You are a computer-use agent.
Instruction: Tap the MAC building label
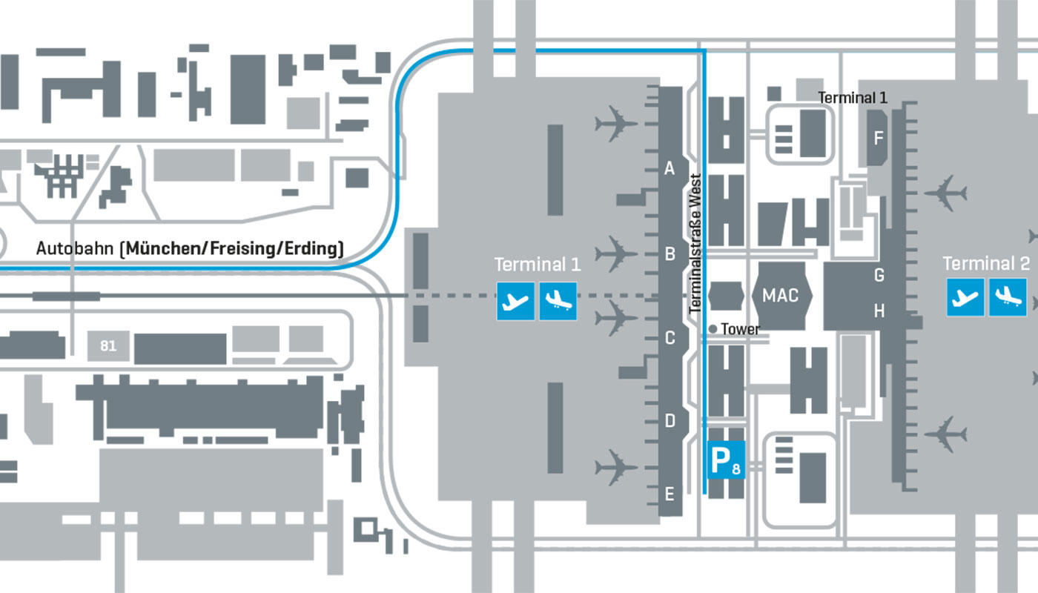point(781,296)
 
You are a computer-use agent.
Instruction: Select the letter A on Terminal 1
point(670,170)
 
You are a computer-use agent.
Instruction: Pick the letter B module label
point(670,254)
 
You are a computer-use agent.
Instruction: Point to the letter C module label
point(670,339)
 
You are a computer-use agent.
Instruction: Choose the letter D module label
point(670,422)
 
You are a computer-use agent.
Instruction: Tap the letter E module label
point(670,492)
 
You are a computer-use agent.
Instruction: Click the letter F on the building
point(879,138)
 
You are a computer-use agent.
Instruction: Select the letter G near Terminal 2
point(879,276)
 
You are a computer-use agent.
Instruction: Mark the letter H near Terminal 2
point(879,311)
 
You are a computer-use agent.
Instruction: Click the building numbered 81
point(108,346)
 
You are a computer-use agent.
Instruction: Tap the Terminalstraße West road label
point(695,242)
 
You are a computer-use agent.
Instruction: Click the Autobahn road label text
point(190,248)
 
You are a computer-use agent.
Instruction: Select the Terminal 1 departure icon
point(515,300)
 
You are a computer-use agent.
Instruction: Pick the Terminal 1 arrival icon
point(558,300)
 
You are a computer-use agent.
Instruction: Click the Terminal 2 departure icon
point(965,297)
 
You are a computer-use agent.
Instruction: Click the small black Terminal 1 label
point(853,97)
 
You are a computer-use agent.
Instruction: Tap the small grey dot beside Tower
point(713,328)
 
